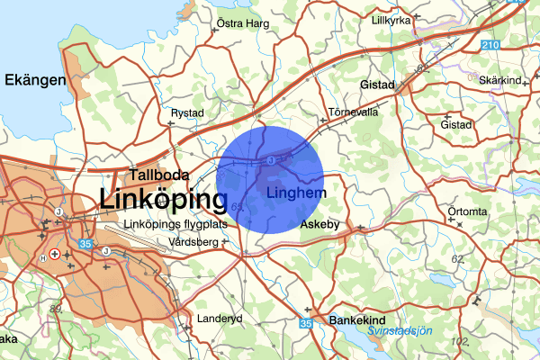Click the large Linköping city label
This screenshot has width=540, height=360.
click(164, 199)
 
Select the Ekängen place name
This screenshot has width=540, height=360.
click(36, 81)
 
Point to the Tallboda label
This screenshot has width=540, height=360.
click(158, 175)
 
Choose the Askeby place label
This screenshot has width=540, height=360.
click(319, 223)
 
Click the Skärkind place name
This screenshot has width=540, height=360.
click(500, 81)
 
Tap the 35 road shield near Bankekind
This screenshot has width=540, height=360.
click(306, 323)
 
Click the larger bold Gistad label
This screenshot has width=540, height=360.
click(378, 85)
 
